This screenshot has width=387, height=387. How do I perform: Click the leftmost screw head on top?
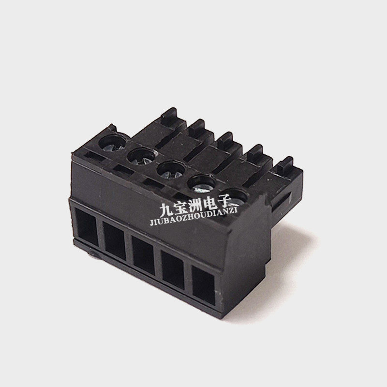coord(113,143)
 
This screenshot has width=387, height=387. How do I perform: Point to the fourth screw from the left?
coord(202,184)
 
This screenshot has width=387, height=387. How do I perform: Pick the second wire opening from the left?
coord(115,241)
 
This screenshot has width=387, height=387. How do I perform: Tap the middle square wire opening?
coord(143,256)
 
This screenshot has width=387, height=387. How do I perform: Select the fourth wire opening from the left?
coord(173,270)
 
